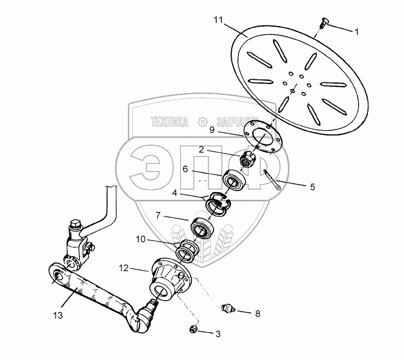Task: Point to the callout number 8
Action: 258,313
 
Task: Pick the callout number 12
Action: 124,268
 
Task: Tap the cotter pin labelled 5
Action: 273,180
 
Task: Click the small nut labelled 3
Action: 193,330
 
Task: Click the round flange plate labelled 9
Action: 264,138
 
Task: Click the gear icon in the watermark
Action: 202,121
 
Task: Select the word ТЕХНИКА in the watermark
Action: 170,122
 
